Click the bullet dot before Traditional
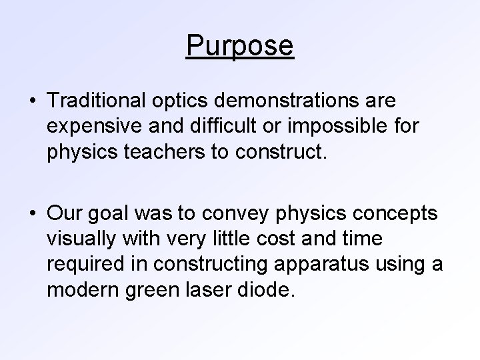click(x=33, y=102)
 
